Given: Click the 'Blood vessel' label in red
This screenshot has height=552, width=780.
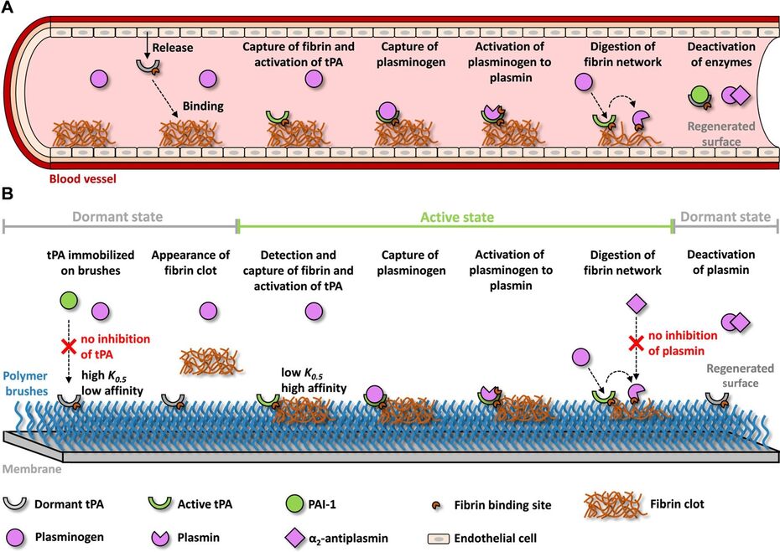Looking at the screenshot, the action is tap(82, 178).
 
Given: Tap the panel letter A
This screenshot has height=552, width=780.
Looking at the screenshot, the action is tap(7, 8).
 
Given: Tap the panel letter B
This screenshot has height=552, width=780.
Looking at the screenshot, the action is tap(7, 193).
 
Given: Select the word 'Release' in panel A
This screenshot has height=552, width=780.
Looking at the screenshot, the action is tap(173, 48).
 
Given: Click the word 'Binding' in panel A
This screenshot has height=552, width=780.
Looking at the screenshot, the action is tap(203, 106).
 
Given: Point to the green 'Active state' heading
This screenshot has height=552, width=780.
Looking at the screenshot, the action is tap(457, 217).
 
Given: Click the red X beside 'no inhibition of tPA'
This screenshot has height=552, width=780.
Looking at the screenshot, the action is tap(69, 346).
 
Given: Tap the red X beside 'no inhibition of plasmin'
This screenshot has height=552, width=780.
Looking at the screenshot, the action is tap(635, 343).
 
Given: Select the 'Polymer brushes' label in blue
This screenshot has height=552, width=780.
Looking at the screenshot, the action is tap(25, 383).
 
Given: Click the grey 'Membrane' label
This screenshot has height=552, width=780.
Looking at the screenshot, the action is tap(33, 469).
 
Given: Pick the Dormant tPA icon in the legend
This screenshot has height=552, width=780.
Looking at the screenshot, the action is tap(15, 503).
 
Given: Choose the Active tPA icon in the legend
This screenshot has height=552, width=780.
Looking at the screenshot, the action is tap(159, 503).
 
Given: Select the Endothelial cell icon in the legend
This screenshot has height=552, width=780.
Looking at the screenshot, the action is tap(439, 539).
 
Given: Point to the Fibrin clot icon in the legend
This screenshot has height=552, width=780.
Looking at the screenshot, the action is tap(615, 505).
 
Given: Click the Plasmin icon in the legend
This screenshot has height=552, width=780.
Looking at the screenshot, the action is tap(160, 538).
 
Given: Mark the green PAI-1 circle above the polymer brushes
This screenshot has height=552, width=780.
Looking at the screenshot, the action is tap(69, 301).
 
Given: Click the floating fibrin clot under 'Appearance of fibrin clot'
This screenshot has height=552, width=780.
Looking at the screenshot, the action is tap(210, 359).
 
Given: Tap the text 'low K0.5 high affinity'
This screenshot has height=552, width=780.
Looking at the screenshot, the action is tap(314, 380).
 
